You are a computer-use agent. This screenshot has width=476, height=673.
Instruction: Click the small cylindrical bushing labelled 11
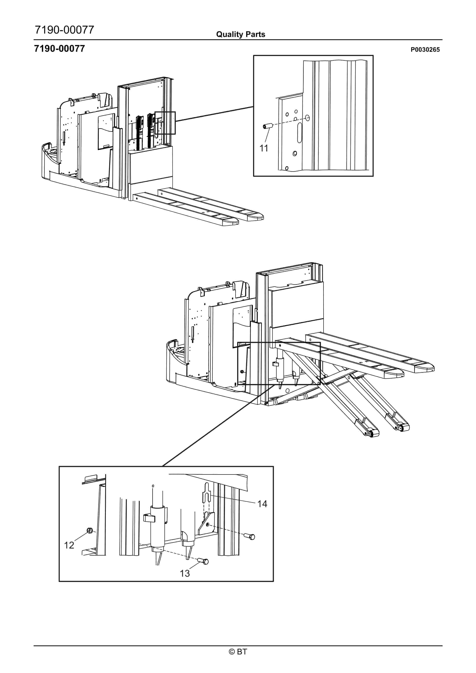(x=267, y=127)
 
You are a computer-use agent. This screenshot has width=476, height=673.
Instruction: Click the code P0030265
(x=425, y=50)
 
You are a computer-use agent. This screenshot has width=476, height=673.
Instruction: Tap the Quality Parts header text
(x=240, y=34)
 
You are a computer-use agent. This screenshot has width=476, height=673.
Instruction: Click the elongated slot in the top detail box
(x=299, y=133)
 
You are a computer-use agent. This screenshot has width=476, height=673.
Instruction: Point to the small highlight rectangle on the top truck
(x=165, y=123)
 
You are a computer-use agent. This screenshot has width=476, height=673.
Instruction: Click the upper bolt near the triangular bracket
(x=250, y=536)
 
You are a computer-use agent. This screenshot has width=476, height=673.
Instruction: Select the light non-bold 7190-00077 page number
(x=64, y=30)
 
